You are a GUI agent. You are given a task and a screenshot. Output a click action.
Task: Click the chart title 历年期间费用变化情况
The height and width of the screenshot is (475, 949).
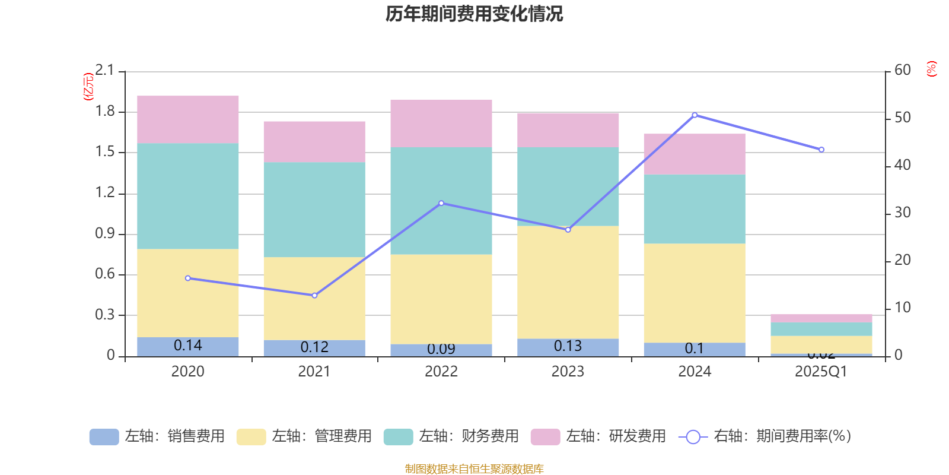pyautogui.click(x=474, y=14)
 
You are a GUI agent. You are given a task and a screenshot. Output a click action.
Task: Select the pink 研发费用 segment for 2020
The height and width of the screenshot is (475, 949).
pyautogui.click(x=188, y=119)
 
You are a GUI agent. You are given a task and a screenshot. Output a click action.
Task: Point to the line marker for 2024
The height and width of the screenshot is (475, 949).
pyautogui.click(x=695, y=115)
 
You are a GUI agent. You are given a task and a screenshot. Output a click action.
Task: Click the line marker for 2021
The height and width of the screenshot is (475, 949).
pyautogui.click(x=314, y=295)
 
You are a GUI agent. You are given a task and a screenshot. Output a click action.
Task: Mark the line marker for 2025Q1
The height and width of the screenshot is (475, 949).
pyautogui.click(x=821, y=150)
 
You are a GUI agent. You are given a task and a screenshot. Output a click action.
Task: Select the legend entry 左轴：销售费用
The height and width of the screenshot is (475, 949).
pyautogui.click(x=158, y=436)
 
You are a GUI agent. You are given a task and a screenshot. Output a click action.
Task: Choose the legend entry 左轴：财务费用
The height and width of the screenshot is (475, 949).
pyautogui.click(x=452, y=436)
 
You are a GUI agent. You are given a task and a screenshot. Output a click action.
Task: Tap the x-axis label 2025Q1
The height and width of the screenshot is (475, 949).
pyautogui.click(x=821, y=372)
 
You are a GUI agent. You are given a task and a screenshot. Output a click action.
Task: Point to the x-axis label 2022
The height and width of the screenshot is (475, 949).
pyautogui.click(x=441, y=372)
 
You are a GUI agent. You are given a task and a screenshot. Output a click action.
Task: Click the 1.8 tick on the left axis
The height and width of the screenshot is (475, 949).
pyautogui.click(x=105, y=112)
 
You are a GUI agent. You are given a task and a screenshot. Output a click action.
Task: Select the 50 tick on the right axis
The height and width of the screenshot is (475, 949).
pyautogui.click(x=902, y=118)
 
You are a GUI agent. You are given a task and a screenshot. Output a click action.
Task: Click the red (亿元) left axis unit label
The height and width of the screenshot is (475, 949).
pyautogui.click(x=88, y=87)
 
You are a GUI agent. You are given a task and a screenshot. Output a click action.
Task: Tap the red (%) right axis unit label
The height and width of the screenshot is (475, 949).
pyautogui.click(x=931, y=69)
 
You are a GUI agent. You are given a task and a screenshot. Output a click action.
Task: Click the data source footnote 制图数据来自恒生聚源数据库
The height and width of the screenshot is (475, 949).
pyautogui.click(x=474, y=469)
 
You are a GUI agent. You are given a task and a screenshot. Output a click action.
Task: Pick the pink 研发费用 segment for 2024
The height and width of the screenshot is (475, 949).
pyautogui.click(x=695, y=154)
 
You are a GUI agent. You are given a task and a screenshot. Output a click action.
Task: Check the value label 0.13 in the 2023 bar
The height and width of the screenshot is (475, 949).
pyautogui.click(x=568, y=346)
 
